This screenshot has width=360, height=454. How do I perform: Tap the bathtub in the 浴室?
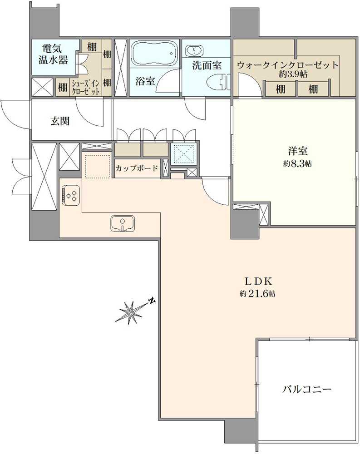click(154, 54)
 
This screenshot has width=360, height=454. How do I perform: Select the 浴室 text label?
click(145, 81)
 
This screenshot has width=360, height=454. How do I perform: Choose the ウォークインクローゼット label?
click(287, 65)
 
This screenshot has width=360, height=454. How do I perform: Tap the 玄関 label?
click(59, 121)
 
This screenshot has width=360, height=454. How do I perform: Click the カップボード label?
click(137, 168)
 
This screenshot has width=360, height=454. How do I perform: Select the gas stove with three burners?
click(71, 195)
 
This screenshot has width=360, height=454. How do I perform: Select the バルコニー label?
click(307, 389)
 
